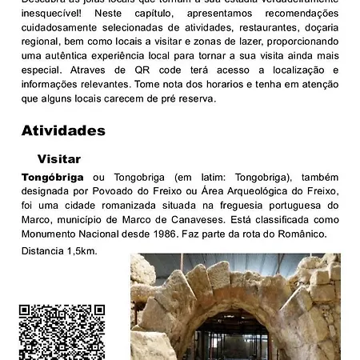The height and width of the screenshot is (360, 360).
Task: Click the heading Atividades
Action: (x=63, y=130)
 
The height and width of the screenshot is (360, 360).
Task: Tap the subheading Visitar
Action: (x=59, y=159)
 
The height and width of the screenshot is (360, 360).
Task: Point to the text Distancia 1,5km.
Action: (x=59, y=251)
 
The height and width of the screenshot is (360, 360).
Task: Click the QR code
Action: (x=62, y=332)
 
